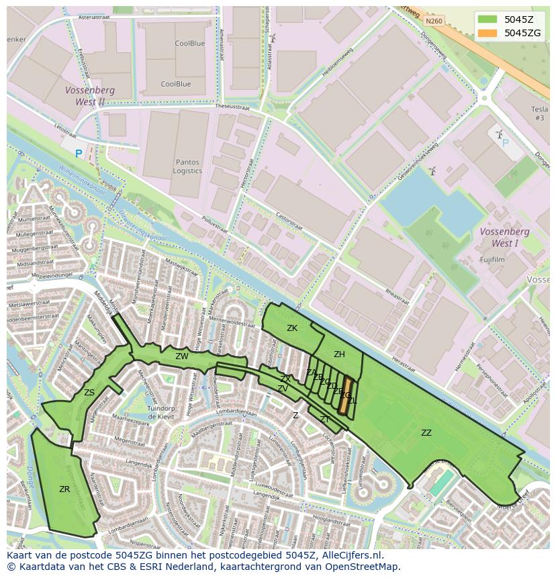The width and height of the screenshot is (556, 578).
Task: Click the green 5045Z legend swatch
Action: coord(488,19)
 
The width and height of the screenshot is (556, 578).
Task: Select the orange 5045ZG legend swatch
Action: coord(488,33)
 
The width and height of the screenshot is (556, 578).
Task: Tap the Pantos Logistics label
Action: coord(187,166)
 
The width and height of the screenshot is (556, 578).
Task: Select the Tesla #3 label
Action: coord(539,113)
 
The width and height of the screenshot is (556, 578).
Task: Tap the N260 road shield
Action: coord(434,21)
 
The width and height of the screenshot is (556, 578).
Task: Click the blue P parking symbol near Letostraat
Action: coord(79,154)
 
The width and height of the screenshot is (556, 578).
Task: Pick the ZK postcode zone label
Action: coord(292,328)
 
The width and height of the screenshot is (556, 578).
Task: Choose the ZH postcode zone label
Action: coord(339,354)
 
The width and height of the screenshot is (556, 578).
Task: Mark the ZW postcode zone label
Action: coord(182,356)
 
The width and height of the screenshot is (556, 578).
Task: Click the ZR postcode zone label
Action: coord(64,489)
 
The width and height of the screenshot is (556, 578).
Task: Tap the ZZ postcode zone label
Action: coord(426,433)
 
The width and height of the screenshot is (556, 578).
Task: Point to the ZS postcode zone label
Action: coord(89,393)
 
